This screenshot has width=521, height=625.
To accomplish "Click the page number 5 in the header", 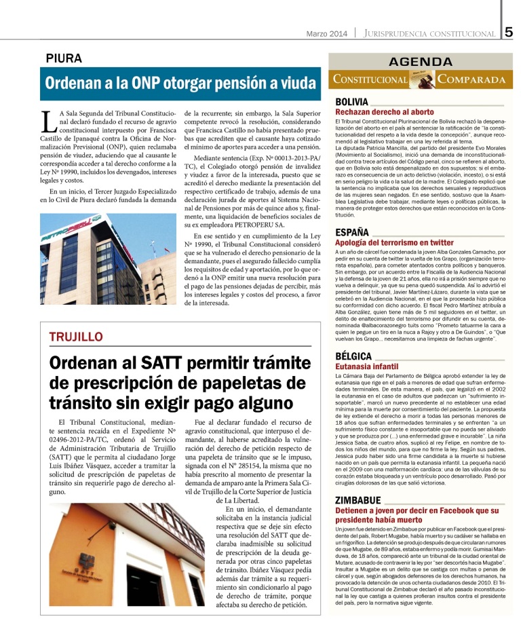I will click(509, 32).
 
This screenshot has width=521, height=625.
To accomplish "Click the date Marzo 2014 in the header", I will click(326, 33).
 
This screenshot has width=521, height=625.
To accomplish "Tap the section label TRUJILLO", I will click(76, 337).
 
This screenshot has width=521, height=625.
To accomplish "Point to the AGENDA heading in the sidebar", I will click(417, 62).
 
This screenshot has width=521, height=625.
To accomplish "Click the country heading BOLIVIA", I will click(352, 102).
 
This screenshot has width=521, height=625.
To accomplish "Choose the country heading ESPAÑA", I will click(352, 232).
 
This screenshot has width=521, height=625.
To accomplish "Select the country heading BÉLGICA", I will click(353, 356).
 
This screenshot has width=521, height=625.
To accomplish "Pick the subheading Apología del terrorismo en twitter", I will click(394, 242).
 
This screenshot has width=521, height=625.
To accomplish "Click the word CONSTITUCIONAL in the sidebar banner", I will click(370, 79).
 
